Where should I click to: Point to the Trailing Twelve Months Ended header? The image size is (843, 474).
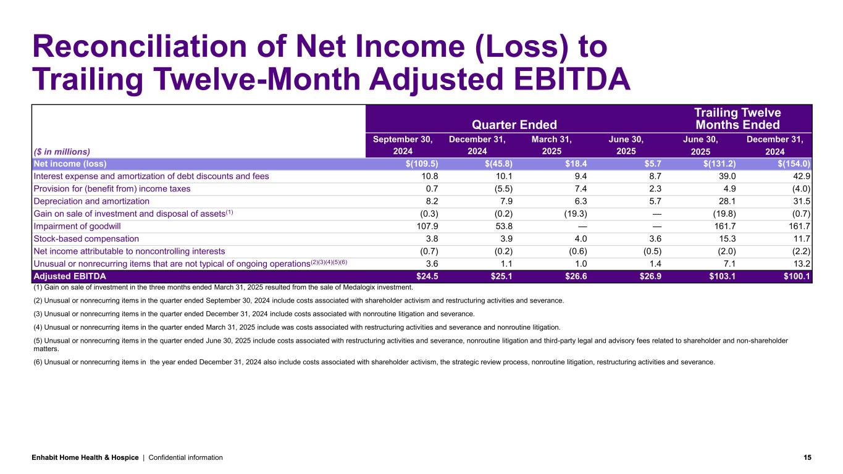tap(737, 118)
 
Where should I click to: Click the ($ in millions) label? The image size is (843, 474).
tap(62, 151)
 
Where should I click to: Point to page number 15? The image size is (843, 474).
tap(807, 457)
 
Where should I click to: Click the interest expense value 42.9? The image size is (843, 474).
tap(801, 177)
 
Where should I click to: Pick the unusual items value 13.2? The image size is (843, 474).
tap(801, 264)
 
